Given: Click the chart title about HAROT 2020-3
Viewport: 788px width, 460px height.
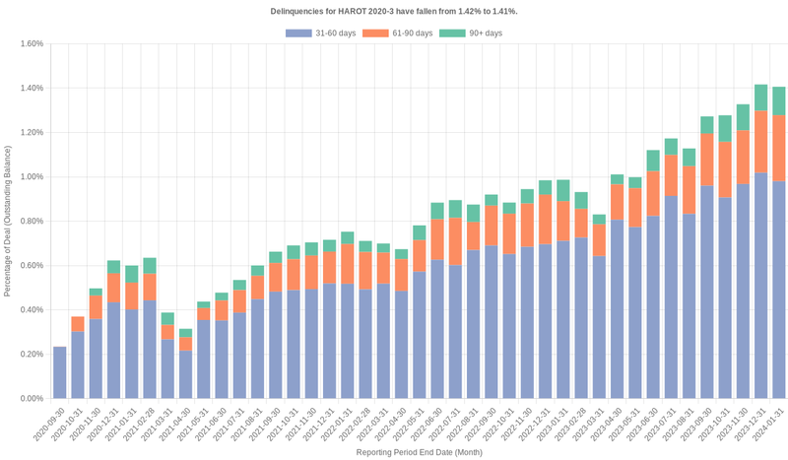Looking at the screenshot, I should coord(394,10).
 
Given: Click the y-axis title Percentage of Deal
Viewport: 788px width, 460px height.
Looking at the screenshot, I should coord(8,221).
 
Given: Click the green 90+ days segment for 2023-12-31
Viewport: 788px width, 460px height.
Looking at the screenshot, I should coord(761,98).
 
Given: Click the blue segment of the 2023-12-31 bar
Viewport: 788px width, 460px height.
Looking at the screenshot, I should coord(761,286).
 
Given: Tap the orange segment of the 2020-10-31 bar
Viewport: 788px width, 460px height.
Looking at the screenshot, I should coord(78,324).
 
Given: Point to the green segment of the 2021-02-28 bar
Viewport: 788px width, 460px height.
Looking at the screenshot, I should coord(150,266).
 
